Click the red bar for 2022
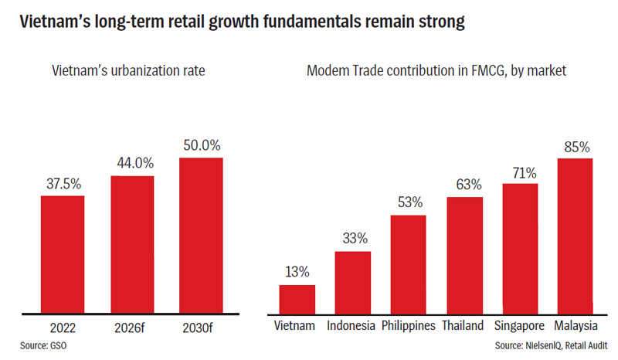(63, 254)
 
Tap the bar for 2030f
(201, 235)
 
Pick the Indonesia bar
(352, 282)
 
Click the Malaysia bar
(574, 235)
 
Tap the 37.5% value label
(63, 185)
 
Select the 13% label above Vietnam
(297, 272)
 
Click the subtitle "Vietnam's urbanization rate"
(132, 71)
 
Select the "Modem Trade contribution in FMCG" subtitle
(436, 71)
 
